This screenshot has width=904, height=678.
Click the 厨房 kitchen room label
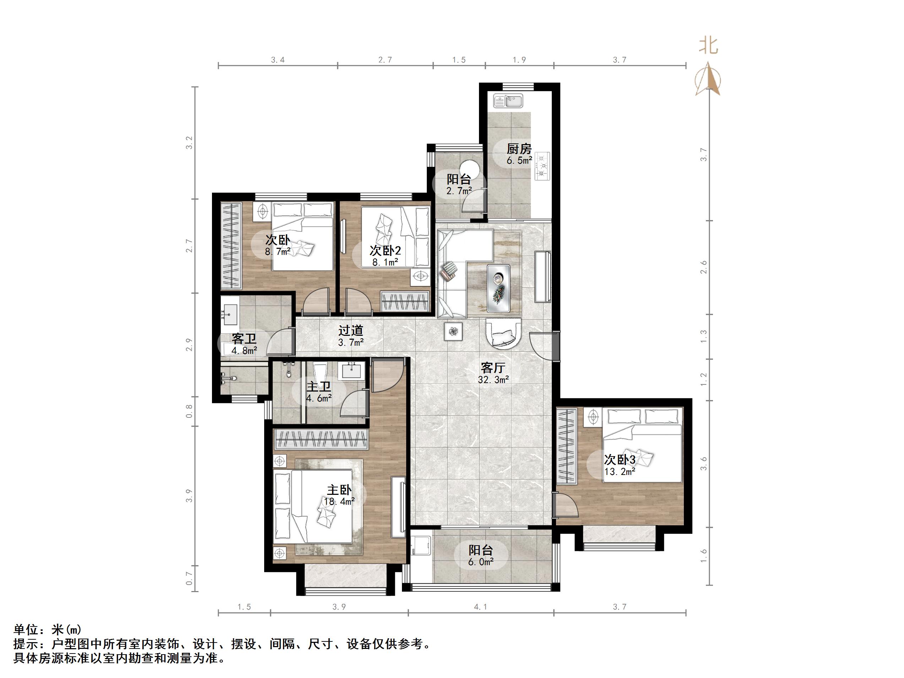click(519, 149)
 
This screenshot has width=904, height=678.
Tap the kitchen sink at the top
click(508, 100)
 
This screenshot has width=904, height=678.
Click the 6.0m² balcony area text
click(481, 562)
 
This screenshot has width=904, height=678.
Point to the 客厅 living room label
click(493, 368)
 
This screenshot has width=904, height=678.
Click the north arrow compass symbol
click(708, 80)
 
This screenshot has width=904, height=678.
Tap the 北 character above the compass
click(708, 45)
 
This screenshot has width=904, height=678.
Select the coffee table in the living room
click(498, 288)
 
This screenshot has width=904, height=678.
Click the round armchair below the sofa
click(504, 334)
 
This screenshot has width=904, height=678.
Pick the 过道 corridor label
click(351, 330)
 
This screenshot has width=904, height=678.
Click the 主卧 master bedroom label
click(339, 490)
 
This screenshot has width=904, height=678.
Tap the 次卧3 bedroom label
click(620, 460)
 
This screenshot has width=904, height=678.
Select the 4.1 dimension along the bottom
click(481, 607)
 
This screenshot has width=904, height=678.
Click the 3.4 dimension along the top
click(278, 60)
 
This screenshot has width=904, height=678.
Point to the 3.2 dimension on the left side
click(189, 143)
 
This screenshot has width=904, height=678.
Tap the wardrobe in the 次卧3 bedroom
click(566, 446)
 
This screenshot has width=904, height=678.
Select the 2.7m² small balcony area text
click(459, 191)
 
